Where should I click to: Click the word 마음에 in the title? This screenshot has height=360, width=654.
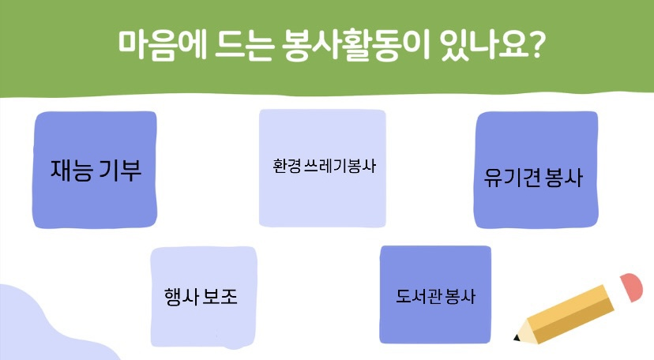point(162,44)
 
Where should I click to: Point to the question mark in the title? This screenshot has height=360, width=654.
point(535,44)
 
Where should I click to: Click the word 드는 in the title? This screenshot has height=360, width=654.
point(244,46)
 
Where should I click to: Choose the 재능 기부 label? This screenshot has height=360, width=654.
point(96,170)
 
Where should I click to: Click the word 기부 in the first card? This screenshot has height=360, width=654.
point(121,170)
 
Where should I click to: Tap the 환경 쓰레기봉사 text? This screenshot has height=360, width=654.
point(324,166)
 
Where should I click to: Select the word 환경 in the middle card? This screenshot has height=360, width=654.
point(287,166)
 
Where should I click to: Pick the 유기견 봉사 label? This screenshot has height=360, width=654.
point(533,178)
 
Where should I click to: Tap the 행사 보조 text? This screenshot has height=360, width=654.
point(201,297)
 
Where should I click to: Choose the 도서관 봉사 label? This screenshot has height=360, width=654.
point(435,296)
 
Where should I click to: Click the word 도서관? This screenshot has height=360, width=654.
point(419,296)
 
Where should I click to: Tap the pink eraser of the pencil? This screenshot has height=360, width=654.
point(631,287)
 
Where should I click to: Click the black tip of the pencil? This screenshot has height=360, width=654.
point(517,337)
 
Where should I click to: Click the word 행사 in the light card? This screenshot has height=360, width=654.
point(181,297)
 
